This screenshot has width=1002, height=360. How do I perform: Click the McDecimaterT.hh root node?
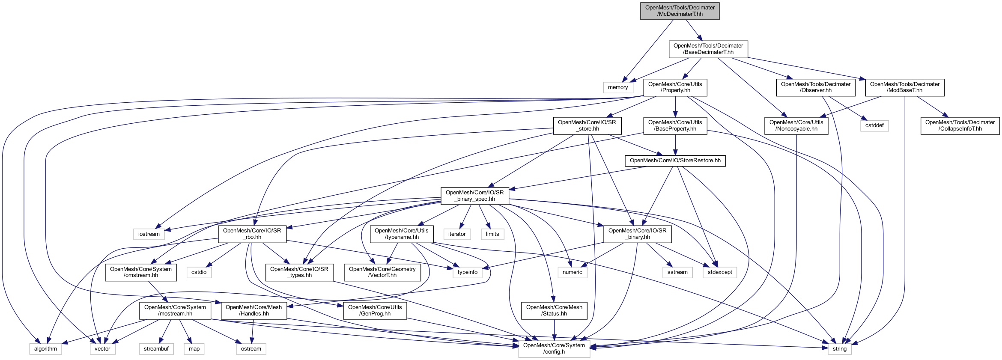click(680, 11)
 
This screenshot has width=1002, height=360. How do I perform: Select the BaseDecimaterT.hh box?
click(708, 49)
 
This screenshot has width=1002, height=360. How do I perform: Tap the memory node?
click(618, 87)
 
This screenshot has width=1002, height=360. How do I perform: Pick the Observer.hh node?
click(815, 87)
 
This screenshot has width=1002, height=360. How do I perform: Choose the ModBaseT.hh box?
click(904, 87)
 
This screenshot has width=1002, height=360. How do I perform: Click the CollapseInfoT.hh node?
click(960, 125)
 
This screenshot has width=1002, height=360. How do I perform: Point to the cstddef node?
click(874, 125)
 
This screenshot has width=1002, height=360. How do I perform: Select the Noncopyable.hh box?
click(796, 125)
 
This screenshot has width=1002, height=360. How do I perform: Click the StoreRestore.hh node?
click(675, 161)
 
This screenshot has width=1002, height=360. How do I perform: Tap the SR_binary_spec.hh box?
click(474, 196)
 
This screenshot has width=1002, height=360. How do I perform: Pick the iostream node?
click(149, 234)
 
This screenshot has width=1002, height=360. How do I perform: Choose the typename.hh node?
click(401, 234)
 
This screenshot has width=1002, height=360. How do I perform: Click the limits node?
click(492, 234)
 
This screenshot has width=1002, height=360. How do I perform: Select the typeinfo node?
click(467, 272)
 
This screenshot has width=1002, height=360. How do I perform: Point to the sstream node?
click(677, 272)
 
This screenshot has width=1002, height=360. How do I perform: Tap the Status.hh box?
click(554, 310)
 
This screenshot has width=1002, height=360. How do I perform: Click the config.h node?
click(554, 348)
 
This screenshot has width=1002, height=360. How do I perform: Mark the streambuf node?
click(156, 349)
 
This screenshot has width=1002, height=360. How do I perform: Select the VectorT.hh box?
click(382, 272)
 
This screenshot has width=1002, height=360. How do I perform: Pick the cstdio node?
click(199, 272)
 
